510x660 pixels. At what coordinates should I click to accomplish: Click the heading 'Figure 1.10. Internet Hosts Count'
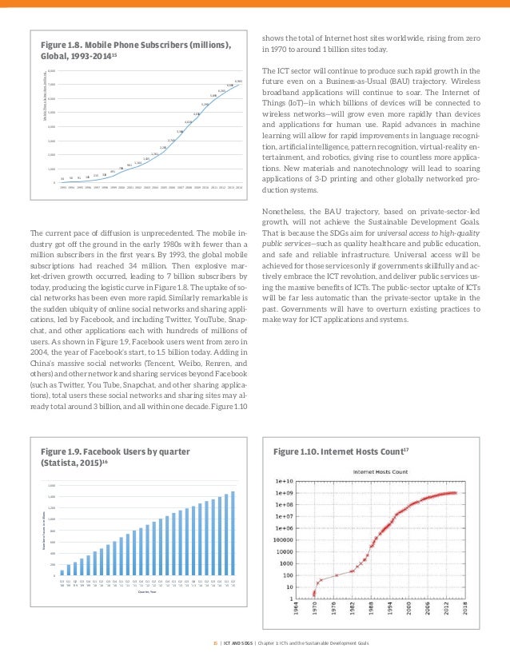(x=341, y=452)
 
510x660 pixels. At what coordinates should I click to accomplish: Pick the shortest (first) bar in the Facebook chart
(x=62, y=572)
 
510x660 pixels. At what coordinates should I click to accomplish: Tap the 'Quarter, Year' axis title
(x=146, y=593)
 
